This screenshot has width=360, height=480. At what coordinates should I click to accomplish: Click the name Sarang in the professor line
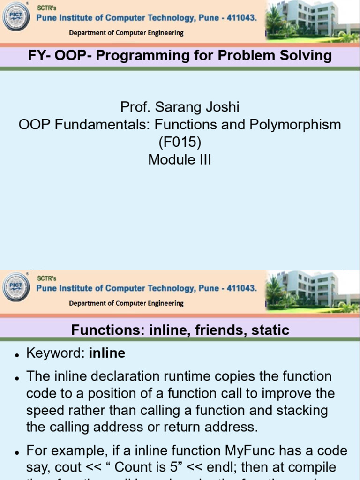point(179,107)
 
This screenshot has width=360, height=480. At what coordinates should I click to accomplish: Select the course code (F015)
point(180,142)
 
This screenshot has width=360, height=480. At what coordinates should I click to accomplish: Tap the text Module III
point(180,159)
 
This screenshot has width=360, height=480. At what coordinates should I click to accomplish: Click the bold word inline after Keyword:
point(107,353)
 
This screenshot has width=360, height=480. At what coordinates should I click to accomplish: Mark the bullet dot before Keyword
point(17,355)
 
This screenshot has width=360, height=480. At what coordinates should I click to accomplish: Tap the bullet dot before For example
point(17,453)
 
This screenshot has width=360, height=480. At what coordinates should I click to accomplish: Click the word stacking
point(302,410)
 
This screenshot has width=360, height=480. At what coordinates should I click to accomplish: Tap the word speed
point(44,410)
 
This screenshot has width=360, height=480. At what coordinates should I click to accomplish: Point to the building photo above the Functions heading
point(312,291)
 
